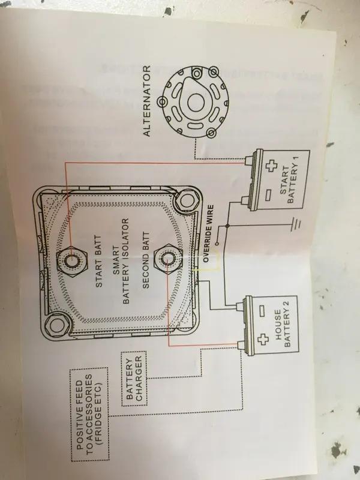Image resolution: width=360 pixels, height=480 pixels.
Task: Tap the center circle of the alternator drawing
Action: [193, 103]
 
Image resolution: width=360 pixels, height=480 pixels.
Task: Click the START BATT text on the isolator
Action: [98, 257]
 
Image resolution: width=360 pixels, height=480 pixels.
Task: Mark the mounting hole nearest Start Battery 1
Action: [185, 203]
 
